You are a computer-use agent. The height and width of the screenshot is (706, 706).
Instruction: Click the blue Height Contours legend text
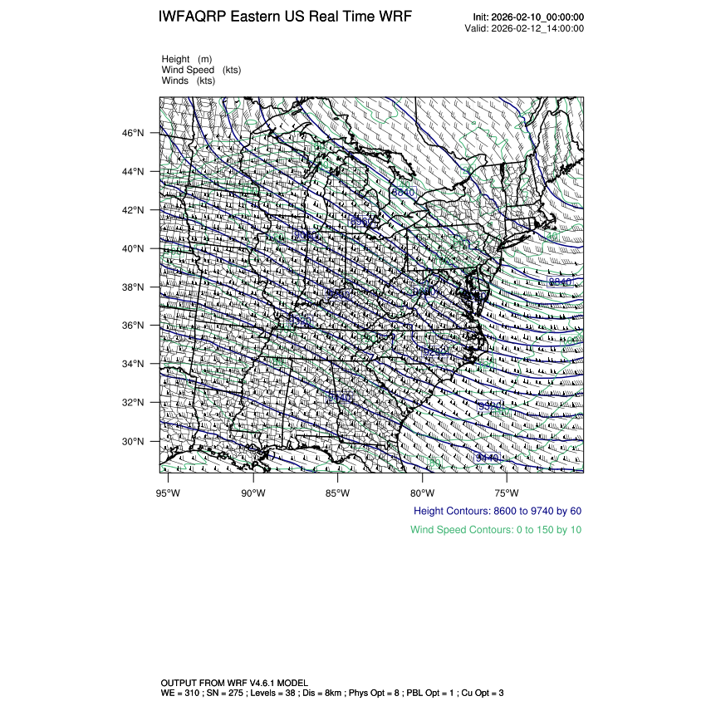click(x=498, y=511)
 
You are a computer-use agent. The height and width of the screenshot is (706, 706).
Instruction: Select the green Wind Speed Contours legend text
click(x=496, y=530)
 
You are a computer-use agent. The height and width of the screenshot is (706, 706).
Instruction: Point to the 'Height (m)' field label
click(x=187, y=59)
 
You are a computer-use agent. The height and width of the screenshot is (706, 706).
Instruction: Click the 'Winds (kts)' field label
click(x=189, y=81)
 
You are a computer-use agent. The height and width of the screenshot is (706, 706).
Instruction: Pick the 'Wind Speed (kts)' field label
click(x=202, y=70)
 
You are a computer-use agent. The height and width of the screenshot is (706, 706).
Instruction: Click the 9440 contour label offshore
click(x=488, y=458)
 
